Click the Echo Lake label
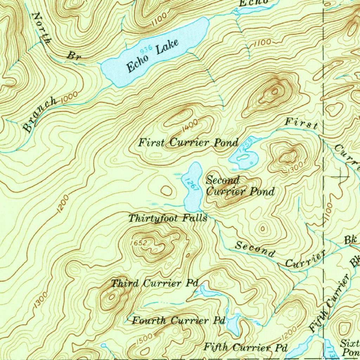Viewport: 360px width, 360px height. tap(153, 56)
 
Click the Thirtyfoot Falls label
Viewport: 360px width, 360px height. tap(167, 218)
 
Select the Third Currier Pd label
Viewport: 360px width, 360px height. tap(155, 283)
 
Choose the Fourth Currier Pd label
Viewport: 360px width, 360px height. tap(178, 321)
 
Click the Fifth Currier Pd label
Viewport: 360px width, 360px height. tap(246, 347)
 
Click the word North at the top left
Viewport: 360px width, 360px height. tap(40, 27)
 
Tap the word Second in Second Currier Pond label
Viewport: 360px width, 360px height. tap(223, 181)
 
